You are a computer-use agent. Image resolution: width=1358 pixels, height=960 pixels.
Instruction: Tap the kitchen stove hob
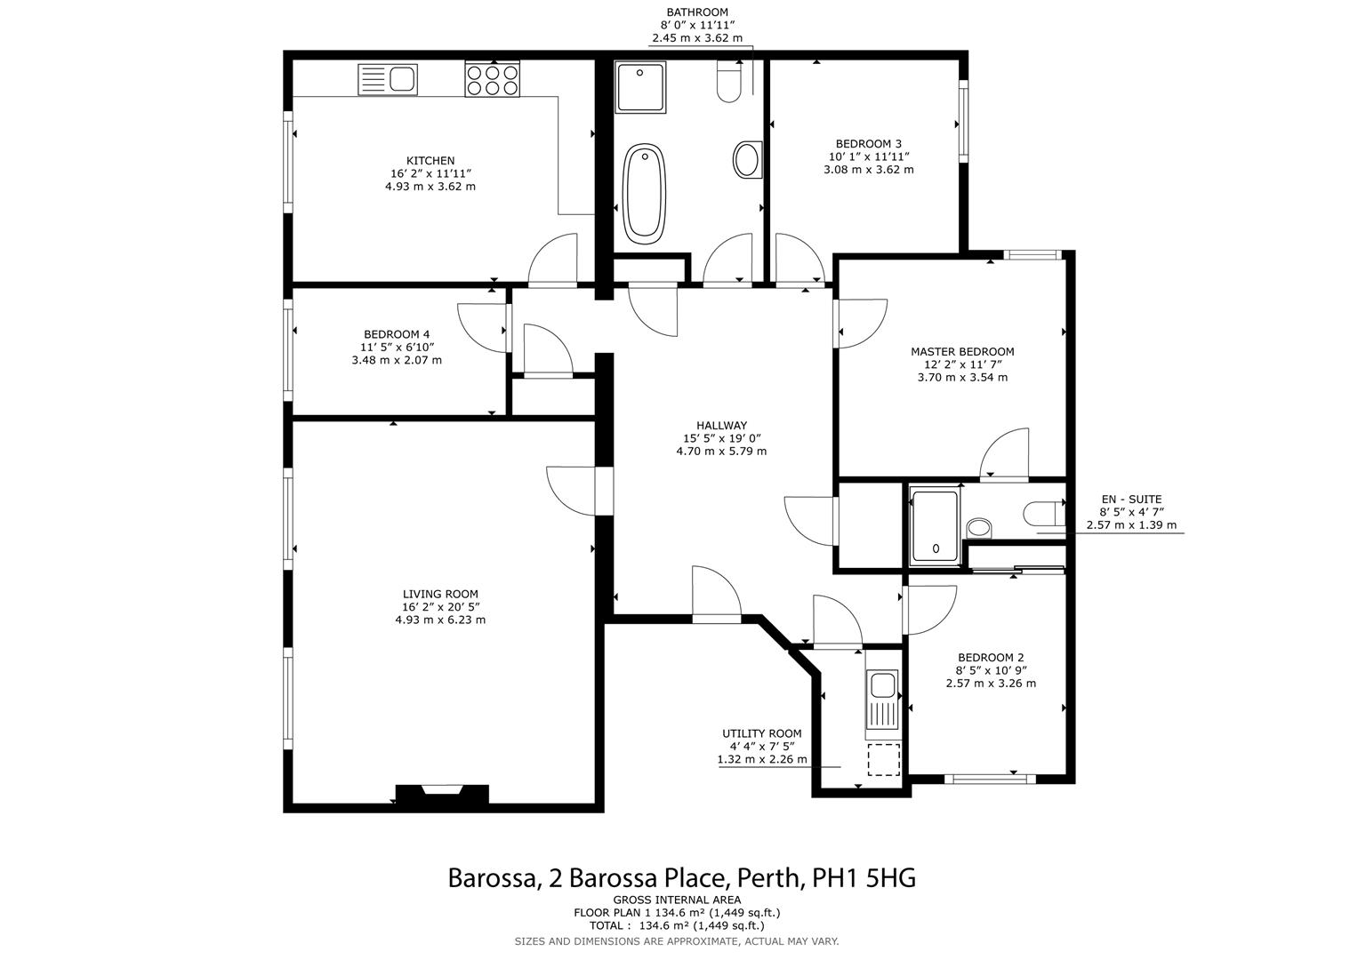click(492, 79)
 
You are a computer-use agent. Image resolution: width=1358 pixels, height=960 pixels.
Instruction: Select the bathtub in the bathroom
click(644, 194)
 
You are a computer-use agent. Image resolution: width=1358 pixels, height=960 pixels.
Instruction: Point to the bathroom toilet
click(729, 82)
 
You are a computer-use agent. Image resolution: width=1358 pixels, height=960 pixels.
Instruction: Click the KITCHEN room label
click(430, 161)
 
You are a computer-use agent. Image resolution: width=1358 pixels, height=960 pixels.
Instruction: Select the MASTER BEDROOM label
click(962, 352)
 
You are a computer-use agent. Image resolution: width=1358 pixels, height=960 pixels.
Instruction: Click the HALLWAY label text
click(721, 426)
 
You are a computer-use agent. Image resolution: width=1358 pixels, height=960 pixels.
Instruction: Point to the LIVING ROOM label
click(440, 595)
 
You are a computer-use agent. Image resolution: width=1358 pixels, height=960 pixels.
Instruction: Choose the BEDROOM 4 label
click(397, 335)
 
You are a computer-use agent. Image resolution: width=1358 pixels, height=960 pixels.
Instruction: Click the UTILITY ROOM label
click(761, 734)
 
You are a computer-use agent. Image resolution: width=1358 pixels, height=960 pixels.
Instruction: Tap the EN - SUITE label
click(1130, 500)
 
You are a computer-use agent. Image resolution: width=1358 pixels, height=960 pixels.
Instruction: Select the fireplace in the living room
click(442, 794)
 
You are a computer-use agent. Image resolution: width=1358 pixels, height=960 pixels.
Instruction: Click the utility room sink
click(883, 685)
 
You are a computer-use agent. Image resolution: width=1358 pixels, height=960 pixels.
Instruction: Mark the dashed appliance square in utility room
click(883, 759)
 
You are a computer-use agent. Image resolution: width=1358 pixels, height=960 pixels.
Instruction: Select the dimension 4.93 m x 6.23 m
click(440, 620)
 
